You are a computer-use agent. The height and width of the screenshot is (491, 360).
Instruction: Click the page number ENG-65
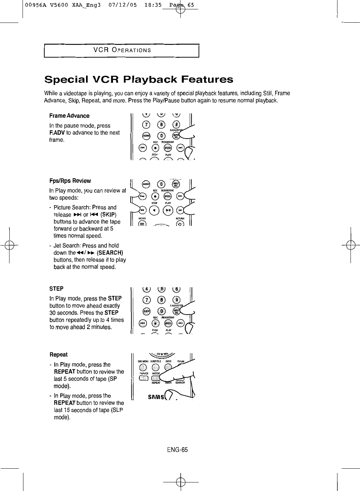click(177, 450)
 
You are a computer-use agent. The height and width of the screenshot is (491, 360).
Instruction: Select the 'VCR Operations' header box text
click(122, 50)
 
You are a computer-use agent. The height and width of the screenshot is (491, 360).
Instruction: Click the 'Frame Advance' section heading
click(69, 116)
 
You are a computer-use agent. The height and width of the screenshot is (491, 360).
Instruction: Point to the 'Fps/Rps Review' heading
click(70, 181)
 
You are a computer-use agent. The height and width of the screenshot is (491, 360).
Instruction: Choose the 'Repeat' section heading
click(58, 355)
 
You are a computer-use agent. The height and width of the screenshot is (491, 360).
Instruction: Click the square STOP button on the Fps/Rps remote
click(154, 210)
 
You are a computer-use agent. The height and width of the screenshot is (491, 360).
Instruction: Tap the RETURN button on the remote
click(180, 224)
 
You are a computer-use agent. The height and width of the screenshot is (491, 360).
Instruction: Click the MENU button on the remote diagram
click(143, 224)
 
